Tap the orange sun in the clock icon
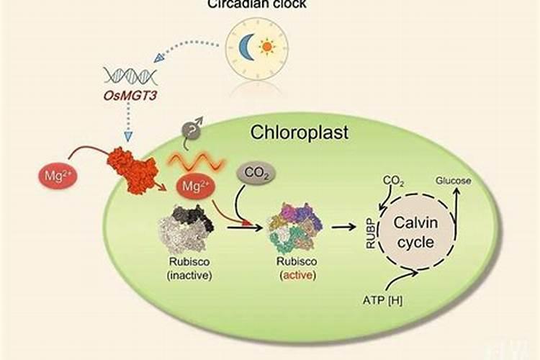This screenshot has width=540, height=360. [268, 48]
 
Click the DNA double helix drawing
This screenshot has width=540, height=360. [130, 75]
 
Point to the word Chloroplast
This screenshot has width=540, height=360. [300, 132]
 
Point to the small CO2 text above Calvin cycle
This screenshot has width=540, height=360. [392, 179]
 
